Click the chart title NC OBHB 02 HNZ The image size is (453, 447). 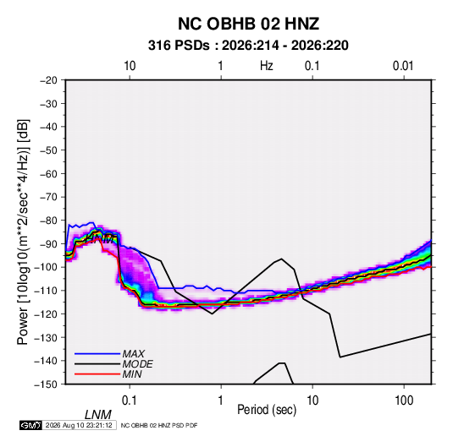(248, 24)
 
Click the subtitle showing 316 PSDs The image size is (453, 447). (248, 46)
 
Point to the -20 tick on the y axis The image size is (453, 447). (48, 80)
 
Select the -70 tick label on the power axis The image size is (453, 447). (48, 197)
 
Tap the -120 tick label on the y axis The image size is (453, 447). (47, 314)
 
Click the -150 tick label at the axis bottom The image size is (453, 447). (47, 384)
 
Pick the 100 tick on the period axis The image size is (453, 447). (404, 401)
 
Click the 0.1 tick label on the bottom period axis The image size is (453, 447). (130, 401)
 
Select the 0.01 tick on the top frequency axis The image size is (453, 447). (403, 66)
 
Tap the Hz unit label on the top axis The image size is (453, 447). (267, 66)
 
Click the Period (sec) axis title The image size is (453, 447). (267, 410)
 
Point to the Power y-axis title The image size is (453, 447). (23, 232)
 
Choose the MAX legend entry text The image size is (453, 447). (133, 353)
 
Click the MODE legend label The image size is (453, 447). (137, 364)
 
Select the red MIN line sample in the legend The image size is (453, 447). (97, 374)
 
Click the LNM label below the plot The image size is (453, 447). (98, 415)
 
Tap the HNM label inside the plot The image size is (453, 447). (100, 239)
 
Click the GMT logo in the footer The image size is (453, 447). (30, 425)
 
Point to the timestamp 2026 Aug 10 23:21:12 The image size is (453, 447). (79, 425)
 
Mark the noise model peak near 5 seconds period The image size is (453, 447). (281, 259)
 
